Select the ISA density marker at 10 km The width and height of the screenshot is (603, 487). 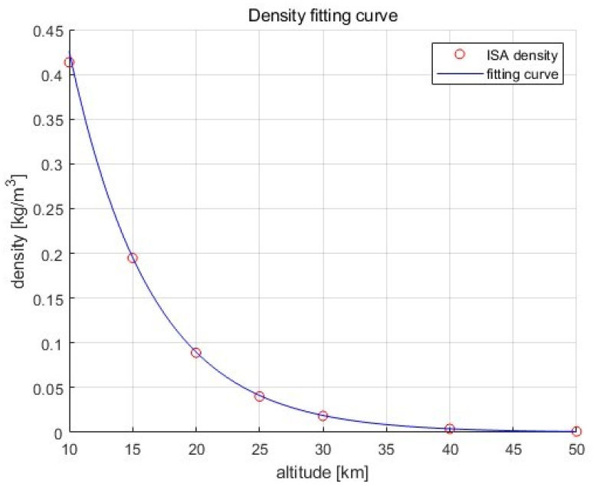pyautogui.click(x=69, y=62)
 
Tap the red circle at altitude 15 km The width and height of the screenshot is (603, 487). pyautogui.click(x=133, y=258)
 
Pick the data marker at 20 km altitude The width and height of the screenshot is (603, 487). pyautogui.click(x=196, y=353)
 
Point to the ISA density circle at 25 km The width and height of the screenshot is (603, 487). pyautogui.click(x=259, y=397)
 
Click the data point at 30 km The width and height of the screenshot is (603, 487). pyautogui.click(x=323, y=416)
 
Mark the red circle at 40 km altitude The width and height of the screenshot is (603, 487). pyautogui.click(x=450, y=429)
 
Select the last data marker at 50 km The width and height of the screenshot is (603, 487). pyautogui.click(x=576, y=431)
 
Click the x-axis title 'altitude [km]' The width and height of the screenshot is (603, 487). pyautogui.click(x=323, y=472)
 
